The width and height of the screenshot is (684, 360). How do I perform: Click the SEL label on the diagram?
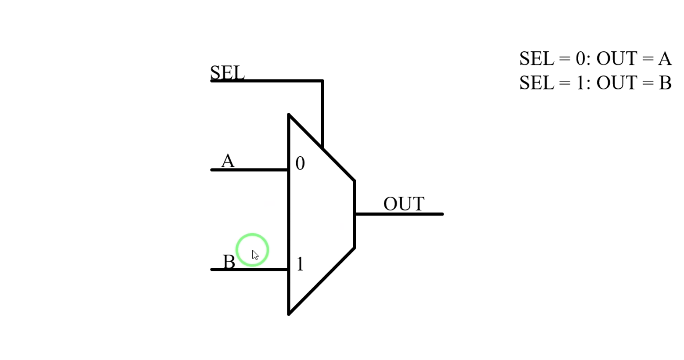point(227,72)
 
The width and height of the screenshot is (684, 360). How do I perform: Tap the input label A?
point(228,161)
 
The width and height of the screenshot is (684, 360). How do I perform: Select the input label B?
point(229,262)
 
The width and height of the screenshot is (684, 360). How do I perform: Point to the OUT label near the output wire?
point(404,204)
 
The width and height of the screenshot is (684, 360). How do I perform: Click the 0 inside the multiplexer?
point(300,163)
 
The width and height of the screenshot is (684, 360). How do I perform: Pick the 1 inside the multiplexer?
point(300,264)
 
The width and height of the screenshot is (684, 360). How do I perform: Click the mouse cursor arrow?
point(255,255)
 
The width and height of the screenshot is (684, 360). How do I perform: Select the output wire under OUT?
point(399,214)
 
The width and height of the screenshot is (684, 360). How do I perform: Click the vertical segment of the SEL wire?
point(322,114)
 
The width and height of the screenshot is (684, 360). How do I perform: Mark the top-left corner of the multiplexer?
point(289,115)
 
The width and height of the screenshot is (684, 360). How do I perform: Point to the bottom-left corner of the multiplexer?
point(289,314)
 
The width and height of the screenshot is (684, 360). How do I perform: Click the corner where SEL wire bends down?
point(322,81)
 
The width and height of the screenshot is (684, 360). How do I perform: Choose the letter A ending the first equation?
point(665,59)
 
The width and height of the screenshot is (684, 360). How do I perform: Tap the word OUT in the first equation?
point(616,59)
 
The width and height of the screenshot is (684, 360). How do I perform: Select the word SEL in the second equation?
point(537,83)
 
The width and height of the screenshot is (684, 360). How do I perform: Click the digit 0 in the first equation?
point(580,59)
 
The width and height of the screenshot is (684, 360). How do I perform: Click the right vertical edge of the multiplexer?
point(355,214)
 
